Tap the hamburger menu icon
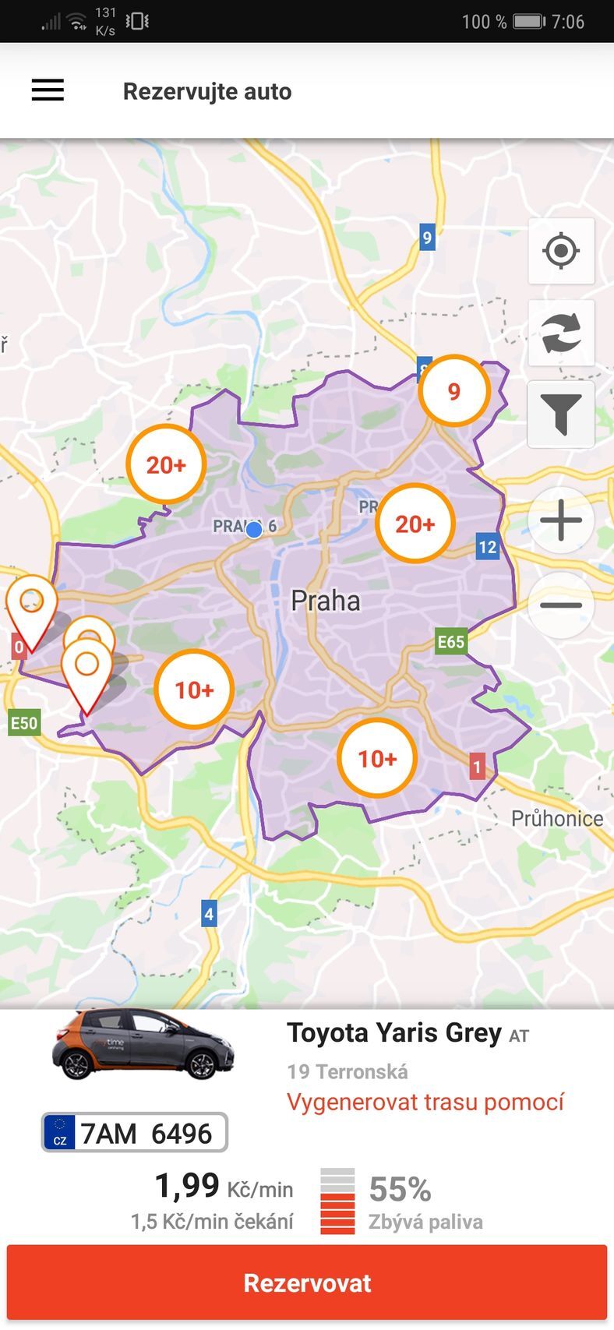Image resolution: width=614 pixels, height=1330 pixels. (x=48, y=90)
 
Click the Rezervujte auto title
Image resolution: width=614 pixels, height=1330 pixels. (x=207, y=91)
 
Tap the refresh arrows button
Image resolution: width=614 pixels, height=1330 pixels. (x=561, y=333)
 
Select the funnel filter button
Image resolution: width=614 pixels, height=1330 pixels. (x=561, y=415)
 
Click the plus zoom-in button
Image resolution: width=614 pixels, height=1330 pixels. (x=561, y=520)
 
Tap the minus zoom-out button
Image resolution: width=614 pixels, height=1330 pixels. (x=561, y=605)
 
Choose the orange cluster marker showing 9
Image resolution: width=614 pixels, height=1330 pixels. (x=454, y=391)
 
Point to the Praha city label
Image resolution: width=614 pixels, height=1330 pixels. (x=326, y=601)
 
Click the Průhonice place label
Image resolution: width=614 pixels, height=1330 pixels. (x=557, y=818)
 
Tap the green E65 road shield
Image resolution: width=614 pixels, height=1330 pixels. (x=450, y=642)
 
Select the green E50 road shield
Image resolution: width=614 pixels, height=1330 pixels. (x=23, y=723)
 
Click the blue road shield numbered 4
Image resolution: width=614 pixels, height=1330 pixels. (x=209, y=913)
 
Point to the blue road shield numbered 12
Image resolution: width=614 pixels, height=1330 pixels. (x=488, y=547)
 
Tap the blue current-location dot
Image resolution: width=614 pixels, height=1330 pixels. (x=254, y=530)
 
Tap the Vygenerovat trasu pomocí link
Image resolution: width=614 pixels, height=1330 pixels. (x=425, y=1102)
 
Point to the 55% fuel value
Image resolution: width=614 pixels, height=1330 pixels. (x=400, y=1190)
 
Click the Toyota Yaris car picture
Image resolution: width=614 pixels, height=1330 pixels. (x=143, y=1044)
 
